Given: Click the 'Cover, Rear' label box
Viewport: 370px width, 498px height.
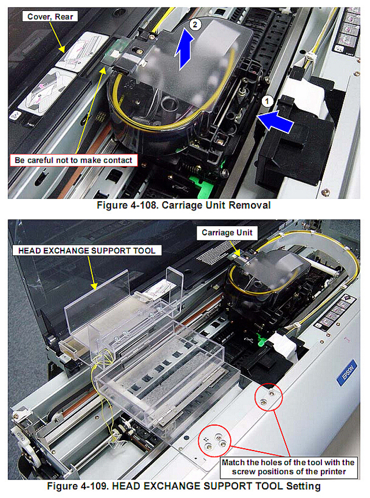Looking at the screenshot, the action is click(50, 17).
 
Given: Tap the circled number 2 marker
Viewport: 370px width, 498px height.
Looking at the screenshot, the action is click(195, 24).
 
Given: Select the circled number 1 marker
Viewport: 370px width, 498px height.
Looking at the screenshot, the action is click(267, 101).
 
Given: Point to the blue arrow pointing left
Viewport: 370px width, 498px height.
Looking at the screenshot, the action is click(275, 121).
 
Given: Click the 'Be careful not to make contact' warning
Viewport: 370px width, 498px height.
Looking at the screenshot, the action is click(73, 160).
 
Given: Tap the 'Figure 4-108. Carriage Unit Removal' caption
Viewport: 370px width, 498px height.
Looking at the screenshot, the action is click(184, 205).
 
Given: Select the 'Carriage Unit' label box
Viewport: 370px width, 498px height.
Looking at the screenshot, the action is click(227, 233).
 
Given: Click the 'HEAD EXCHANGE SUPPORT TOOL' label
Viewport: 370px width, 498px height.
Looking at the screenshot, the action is click(87, 250).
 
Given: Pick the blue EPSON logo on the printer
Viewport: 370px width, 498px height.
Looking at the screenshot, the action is click(346, 372).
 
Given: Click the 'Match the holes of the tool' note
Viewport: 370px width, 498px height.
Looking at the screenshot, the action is click(288, 467).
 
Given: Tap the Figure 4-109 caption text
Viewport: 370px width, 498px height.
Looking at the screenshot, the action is click(184, 486).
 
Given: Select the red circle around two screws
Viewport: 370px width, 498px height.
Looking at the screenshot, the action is click(268, 397).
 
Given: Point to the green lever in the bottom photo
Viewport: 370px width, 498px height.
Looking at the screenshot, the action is click(262, 342).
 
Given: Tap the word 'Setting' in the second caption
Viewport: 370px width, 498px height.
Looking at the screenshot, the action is click(304, 486).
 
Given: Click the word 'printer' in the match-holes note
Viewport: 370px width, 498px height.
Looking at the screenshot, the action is click(333, 472).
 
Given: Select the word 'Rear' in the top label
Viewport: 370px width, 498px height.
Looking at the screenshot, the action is click(64, 17).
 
